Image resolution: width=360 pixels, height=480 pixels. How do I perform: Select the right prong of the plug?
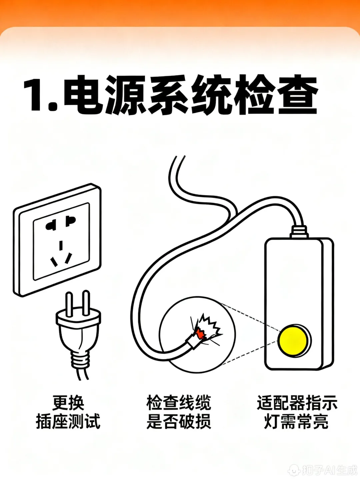coord(86,303)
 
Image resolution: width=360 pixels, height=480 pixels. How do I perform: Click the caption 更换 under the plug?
coord(68,403)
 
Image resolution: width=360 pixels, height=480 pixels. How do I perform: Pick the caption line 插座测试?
coord(68,421)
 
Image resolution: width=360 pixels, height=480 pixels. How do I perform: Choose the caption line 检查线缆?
coord(179,403)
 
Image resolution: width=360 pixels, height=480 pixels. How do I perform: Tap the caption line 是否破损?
coord(179,421)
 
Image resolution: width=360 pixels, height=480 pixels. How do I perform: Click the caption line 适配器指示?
coord(297,403)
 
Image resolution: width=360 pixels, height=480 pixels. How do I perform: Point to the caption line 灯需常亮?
coord(296,421)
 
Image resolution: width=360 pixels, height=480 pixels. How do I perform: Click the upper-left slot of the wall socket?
coord(51,226)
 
